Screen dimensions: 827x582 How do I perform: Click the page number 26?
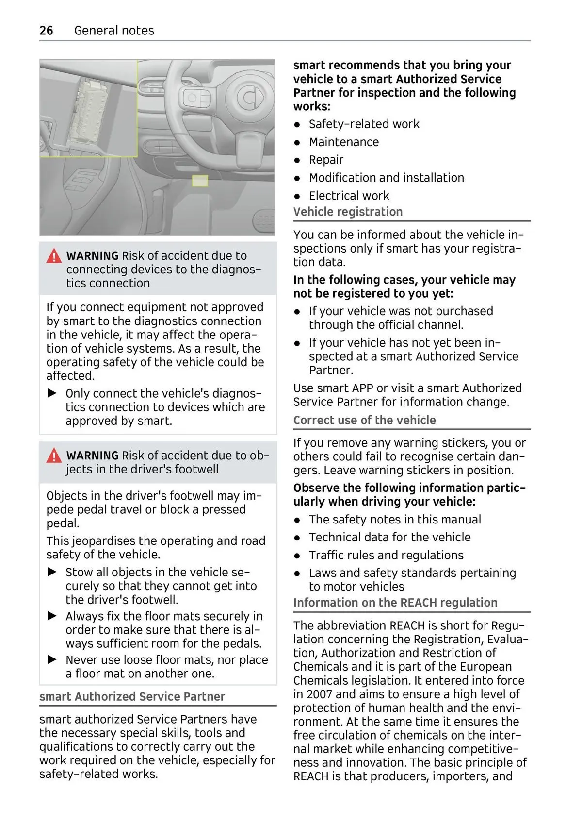pyautogui.click(x=46, y=31)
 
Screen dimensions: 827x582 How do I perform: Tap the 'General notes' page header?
pyautogui.click(x=114, y=31)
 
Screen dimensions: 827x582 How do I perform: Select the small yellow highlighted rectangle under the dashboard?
pyautogui.click(x=200, y=181)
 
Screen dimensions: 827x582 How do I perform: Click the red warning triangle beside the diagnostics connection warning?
pyautogui.click(x=54, y=256)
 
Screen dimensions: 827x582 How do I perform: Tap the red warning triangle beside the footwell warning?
pyautogui.click(x=54, y=456)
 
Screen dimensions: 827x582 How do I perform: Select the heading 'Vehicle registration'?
pyautogui.click(x=348, y=212)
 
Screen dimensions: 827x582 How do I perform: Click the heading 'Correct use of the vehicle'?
pyautogui.click(x=364, y=420)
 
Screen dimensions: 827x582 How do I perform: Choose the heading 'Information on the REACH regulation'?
pyautogui.click(x=395, y=603)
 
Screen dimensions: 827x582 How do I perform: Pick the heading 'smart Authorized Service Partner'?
pyautogui.click(x=132, y=697)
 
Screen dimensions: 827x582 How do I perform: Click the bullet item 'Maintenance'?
pyautogui.click(x=344, y=142)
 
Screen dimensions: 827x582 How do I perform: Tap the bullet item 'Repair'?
pyautogui.click(x=326, y=160)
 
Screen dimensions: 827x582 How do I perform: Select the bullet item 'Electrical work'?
pyautogui.click(x=349, y=196)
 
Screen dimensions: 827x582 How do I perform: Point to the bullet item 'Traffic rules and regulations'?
pyautogui.click(x=386, y=555)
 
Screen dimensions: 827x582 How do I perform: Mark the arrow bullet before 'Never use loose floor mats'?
pyautogui.click(x=52, y=659)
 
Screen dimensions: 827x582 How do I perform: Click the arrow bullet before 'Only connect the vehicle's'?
pyautogui.click(x=52, y=393)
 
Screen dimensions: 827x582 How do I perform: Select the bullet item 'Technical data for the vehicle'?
pyautogui.click(x=389, y=537)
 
